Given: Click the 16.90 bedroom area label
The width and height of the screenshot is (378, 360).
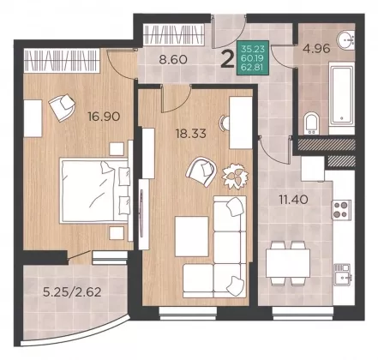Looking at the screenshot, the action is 104,117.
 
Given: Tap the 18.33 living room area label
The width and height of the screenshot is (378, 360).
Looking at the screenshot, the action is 190,134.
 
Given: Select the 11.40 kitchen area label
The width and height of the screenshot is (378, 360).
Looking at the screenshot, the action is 293,200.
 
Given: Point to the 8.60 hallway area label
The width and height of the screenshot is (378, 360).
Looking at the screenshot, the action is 173,60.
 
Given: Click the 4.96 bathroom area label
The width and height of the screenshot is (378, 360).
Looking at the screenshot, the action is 316,48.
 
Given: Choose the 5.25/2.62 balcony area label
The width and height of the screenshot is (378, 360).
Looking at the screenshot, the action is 72,292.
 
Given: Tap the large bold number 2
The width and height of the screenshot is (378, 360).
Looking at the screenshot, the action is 228,60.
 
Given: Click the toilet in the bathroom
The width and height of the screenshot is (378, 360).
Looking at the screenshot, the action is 311,124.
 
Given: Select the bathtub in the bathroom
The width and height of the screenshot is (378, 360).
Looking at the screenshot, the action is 342,95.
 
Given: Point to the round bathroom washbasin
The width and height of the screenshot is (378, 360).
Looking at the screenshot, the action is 345,40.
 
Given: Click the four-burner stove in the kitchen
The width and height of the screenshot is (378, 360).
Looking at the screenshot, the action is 341,209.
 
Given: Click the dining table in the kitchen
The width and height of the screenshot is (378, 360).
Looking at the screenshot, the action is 288,263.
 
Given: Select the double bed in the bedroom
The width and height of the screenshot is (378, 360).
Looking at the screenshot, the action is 94,191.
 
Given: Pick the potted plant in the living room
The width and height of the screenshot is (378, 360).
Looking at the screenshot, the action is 236,176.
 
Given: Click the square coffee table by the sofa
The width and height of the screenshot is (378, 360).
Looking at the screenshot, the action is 192,237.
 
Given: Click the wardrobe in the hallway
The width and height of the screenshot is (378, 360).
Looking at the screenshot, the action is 174,34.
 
